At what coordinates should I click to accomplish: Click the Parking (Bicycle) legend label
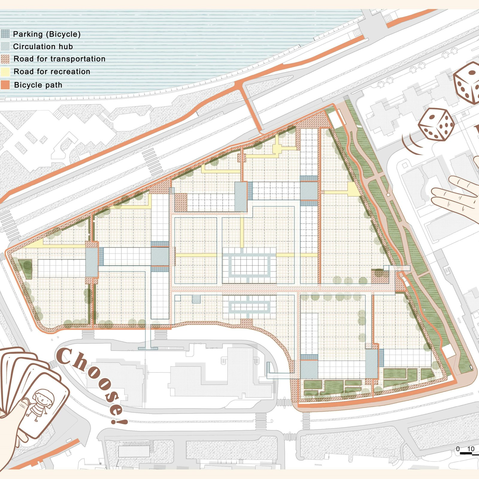pos(47,34)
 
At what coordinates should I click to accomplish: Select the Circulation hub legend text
pos(43,47)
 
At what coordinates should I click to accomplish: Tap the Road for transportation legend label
pos(59,59)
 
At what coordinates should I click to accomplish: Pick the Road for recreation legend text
pos(52,72)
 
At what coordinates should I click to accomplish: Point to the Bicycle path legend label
pos(38,85)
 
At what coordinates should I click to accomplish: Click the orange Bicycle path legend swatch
pos(5,85)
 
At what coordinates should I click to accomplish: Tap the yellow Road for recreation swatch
pos(5,72)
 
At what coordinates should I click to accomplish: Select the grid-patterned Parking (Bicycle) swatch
pos(5,34)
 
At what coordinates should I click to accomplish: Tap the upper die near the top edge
pos(466,82)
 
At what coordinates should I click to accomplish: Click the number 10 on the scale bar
pos(471,449)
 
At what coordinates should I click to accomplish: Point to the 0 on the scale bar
pos(458,449)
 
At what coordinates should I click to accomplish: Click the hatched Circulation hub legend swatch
pos(5,46)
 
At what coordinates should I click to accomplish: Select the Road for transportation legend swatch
pos(5,59)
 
